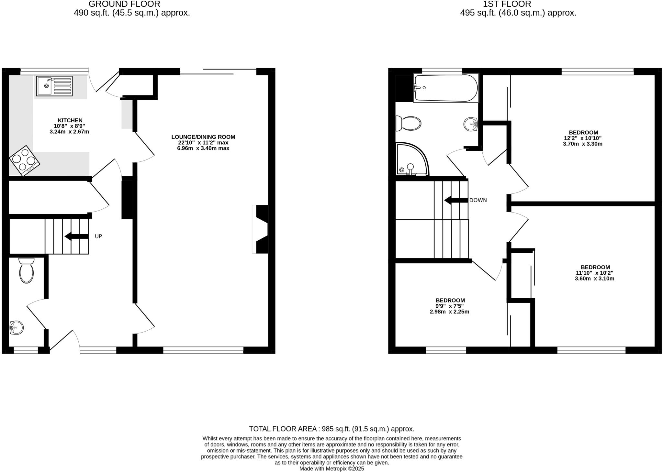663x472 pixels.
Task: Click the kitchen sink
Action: click(54, 86)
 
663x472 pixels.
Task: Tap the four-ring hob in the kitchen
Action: click(25, 161)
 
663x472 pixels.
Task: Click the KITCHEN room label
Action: click(70, 120)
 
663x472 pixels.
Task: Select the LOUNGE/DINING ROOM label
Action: click(203, 137)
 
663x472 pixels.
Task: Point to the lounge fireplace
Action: click(261, 229)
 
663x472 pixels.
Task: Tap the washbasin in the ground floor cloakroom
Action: click(17, 327)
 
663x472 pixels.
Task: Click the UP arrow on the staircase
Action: click(77, 236)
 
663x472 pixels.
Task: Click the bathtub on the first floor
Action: click(446, 88)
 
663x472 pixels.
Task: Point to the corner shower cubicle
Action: click(411, 160)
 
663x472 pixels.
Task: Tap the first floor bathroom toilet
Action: click(409, 124)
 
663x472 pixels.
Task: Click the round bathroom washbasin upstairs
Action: click(471, 124)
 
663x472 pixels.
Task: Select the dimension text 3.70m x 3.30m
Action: click(582, 144)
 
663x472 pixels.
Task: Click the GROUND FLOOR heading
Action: click(124, 4)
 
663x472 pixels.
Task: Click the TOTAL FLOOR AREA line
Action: click(331, 429)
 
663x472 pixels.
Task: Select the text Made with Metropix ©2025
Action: click(331, 468)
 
